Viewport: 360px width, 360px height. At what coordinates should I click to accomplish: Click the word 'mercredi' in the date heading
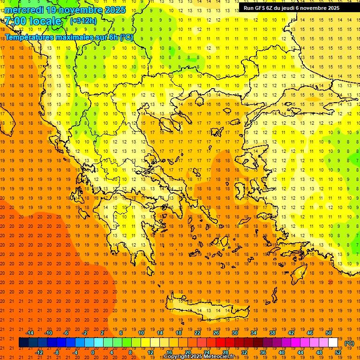point(24,10)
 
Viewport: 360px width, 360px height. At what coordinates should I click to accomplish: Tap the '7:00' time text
point(15,21)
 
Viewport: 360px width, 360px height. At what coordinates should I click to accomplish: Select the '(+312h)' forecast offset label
point(83,21)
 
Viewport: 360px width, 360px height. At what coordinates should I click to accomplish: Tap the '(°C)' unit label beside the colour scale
point(350,343)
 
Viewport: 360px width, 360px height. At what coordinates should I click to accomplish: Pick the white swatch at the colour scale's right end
point(333,343)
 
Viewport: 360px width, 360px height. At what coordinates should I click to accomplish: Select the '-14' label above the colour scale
point(30,333)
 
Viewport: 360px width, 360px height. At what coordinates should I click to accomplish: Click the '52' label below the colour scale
point(338,352)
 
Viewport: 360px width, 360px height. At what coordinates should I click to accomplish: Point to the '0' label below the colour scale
point(92,352)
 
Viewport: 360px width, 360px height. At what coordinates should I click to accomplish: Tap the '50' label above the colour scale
point(329,333)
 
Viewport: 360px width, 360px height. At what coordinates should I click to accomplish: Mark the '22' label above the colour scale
point(197,333)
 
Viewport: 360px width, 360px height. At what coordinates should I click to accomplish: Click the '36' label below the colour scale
point(263,352)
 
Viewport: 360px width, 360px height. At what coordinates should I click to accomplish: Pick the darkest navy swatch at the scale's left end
point(23,343)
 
